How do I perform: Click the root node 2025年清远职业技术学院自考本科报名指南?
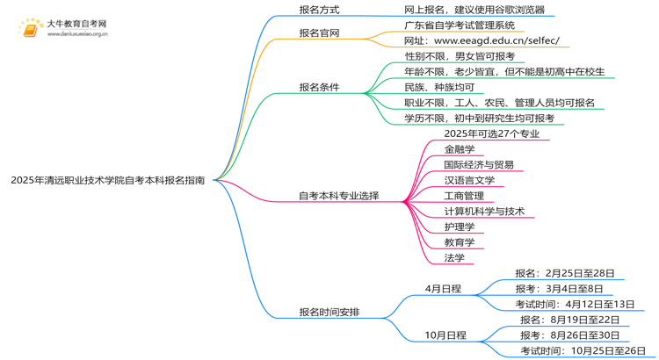click(108, 180)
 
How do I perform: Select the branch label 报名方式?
click(320, 10)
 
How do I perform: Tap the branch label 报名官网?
click(320, 33)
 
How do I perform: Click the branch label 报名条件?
click(320, 88)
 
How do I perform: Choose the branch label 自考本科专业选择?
click(339, 196)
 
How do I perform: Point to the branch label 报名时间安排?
click(329, 312)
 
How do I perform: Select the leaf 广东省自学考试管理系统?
click(460, 25)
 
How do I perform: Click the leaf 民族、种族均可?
click(439, 87)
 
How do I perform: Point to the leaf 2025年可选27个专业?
click(492, 134)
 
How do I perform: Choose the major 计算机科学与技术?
click(484, 211)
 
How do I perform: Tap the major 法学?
click(454, 257)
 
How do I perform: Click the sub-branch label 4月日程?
click(443, 288)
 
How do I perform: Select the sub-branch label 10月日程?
click(445, 335)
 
